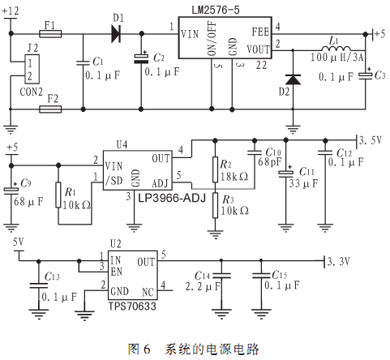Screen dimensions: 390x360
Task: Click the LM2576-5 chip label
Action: click(216, 10)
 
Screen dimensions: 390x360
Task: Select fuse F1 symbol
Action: click(50, 34)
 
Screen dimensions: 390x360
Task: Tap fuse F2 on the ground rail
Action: click(50, 109)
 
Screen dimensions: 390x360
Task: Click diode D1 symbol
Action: click(116, 34)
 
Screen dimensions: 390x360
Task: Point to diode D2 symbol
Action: click(293, 79)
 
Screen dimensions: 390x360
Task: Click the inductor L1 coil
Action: click(336, 48)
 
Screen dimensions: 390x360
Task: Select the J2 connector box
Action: click(32, 69)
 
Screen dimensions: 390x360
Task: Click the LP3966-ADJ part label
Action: click(172, 198)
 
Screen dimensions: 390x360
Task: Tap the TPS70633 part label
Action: click(132, 306)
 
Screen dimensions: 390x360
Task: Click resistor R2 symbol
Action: click(215, 169)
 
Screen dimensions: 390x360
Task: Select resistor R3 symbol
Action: click(215, 205)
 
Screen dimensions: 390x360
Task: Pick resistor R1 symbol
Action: click(58, 195)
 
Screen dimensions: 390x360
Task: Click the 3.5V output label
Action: click(370, 140)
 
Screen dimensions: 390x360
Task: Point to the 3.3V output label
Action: click(338, 261)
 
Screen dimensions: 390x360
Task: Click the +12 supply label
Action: click(11, 11)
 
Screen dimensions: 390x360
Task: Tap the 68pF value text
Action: click(269, 161)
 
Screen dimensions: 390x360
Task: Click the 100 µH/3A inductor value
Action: click(336, 58)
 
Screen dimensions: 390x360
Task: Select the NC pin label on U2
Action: click(148, 292)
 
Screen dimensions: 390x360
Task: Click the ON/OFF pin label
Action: click(212, 38)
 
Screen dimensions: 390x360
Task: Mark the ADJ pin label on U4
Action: click(160, 183)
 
